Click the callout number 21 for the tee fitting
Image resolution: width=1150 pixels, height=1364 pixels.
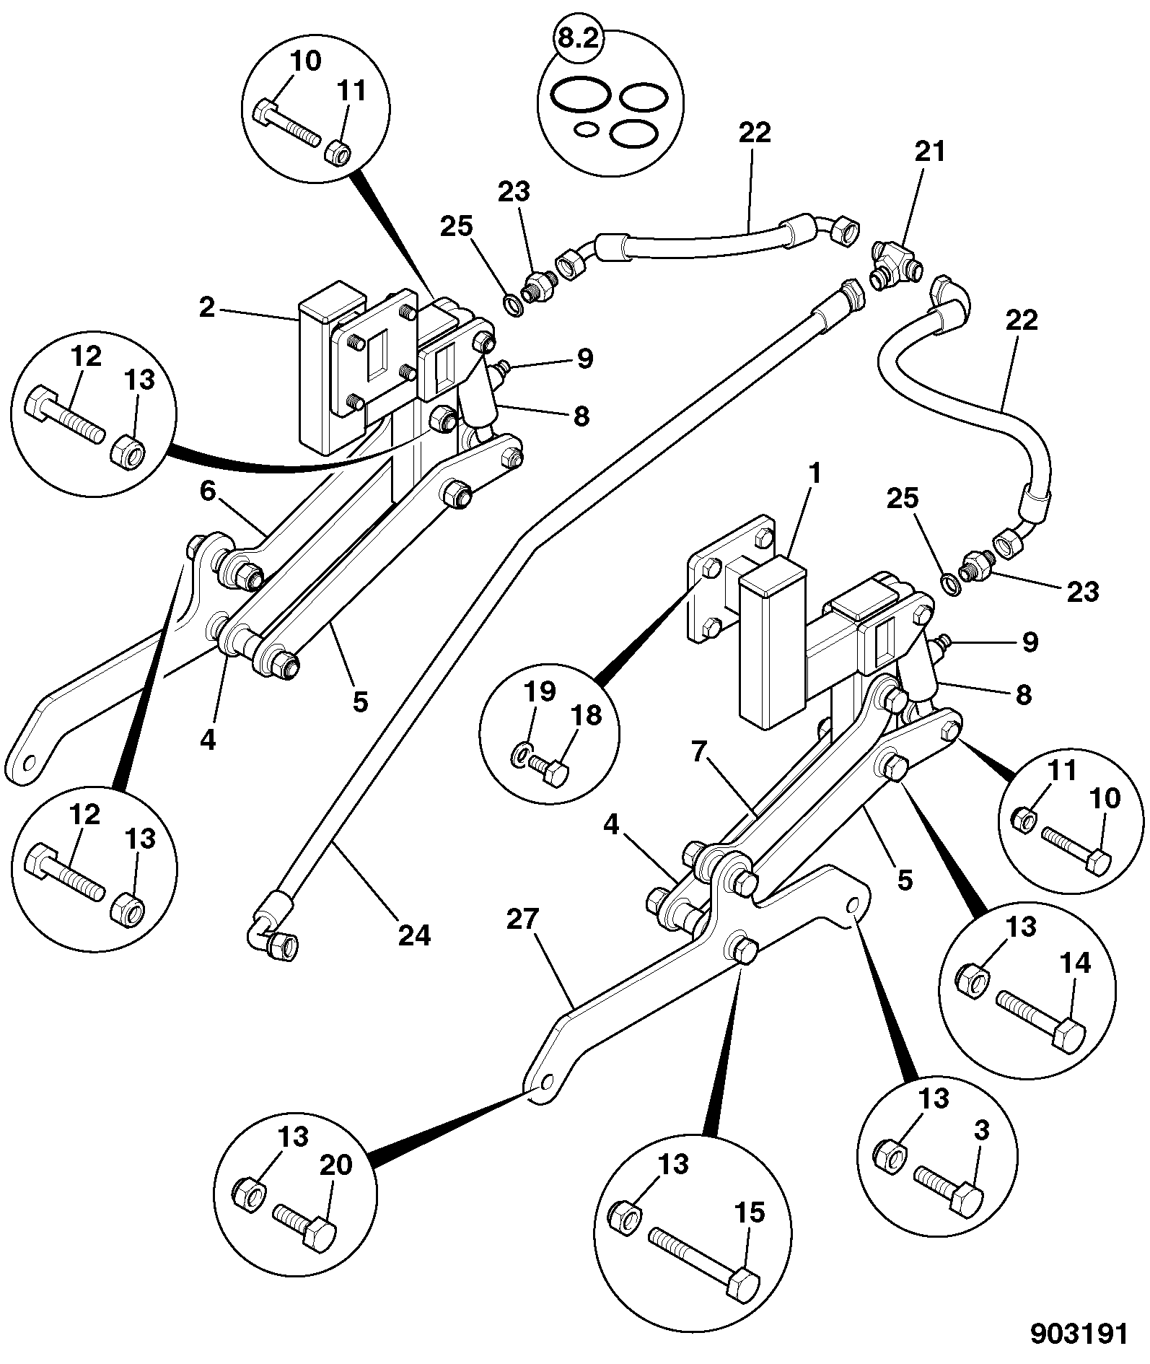929,152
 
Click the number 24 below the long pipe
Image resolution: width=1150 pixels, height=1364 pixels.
414,935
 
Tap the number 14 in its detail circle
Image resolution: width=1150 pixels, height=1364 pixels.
1076,962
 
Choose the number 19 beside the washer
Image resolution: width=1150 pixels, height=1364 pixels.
540,691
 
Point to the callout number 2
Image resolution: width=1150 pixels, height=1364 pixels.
208,308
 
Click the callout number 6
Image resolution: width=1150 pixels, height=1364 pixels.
208,491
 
